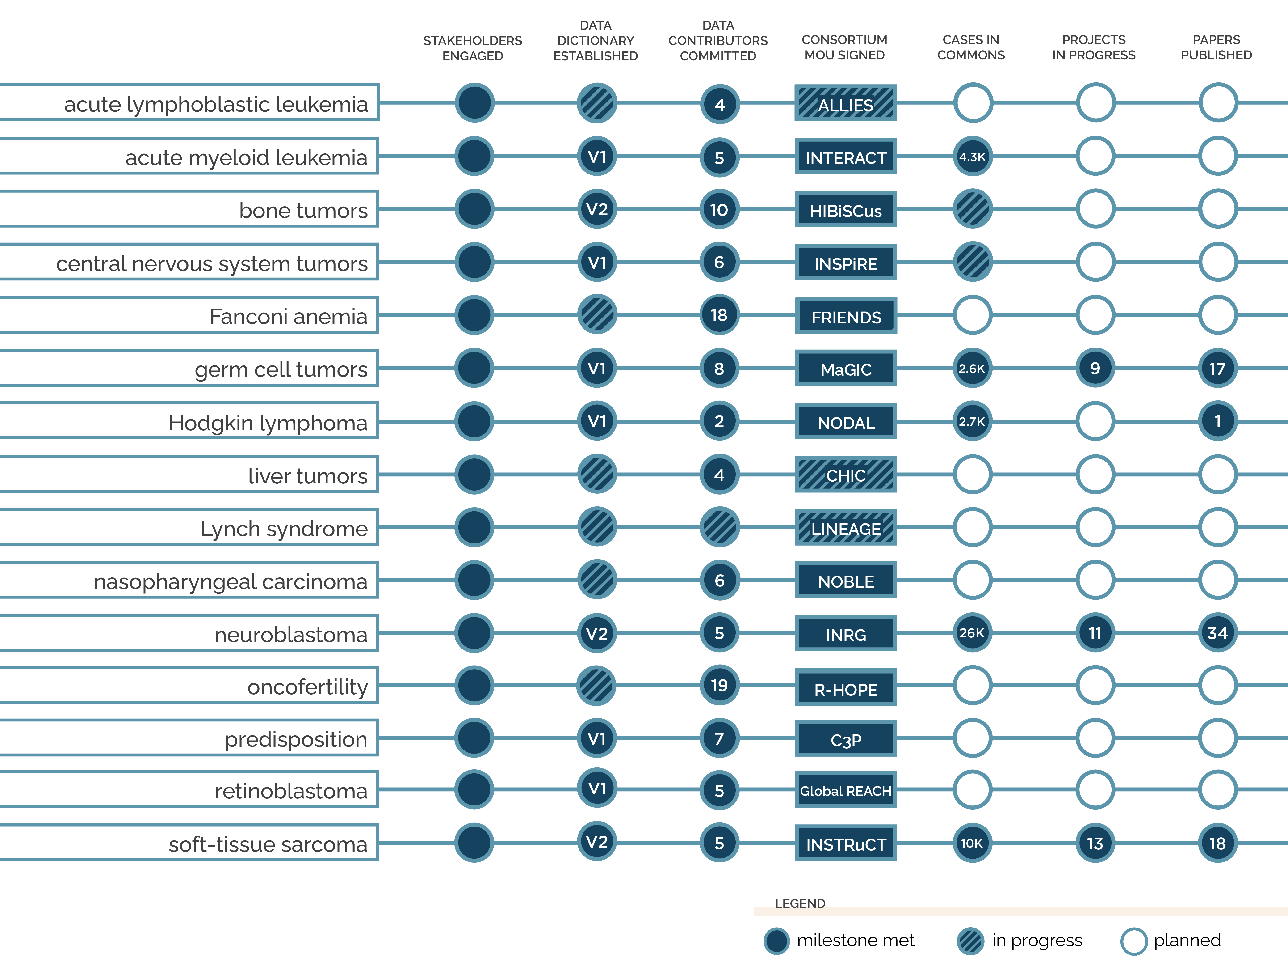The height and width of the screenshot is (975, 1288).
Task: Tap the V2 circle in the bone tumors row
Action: pyautogui.click(x=597, y=209)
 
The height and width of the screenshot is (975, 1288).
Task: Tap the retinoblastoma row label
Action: pyautogui.click(x=291, y=791)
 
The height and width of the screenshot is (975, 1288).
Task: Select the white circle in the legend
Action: pyautogui.click(x=1134, y=941)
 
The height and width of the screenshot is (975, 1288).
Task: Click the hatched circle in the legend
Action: pyautogui.click(x=970, y=941)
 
